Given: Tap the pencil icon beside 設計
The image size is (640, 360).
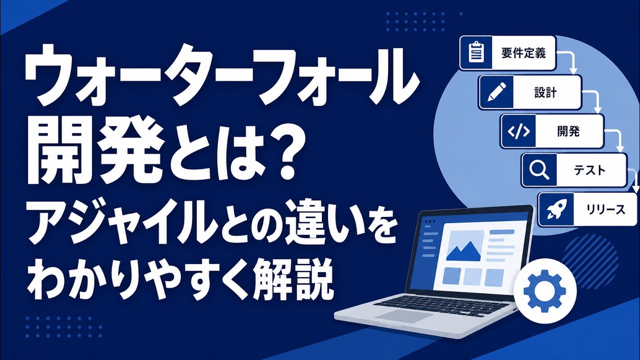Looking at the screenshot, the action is (x=496, y=92).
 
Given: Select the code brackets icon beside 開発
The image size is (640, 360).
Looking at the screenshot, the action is (x=518, y=131).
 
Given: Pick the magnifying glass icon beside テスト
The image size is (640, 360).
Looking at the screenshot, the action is (x=539, y=170).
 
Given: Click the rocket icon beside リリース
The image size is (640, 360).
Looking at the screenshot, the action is (x=555, y=209).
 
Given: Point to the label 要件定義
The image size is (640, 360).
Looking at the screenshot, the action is (x=523, y=53).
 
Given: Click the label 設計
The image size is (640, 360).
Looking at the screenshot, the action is (x=545, y=92).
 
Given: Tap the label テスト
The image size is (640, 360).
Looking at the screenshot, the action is (x=589, y=170).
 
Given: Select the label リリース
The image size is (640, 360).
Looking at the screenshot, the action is (x=605, y=210).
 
